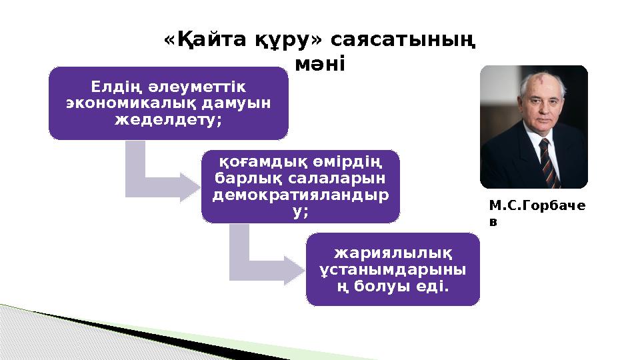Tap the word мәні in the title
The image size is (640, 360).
[x=319, y=65]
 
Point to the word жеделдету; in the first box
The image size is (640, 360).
[x=169, y=121]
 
